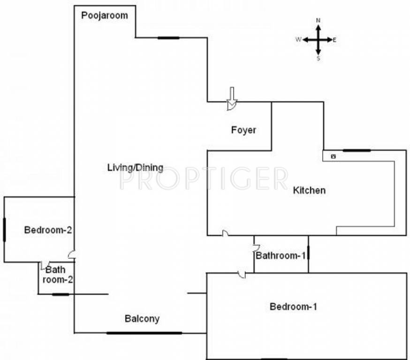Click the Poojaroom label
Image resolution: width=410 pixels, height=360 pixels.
pyautogui.click(x=105, y=15)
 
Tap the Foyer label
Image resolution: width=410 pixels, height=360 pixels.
pyautogui.click(x=243, y=130)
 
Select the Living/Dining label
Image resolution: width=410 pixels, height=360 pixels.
pyautogui.click(x=135, y=167)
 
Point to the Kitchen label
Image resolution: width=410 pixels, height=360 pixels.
pyautogui.click(x=309, y=190)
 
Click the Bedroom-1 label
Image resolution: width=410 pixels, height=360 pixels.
pyautogui.click(x=294, y=307)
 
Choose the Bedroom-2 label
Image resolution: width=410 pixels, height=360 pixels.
pyautogui.click(x=48, y=230)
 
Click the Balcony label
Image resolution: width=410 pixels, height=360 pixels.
pyautogui.click(x=142, y=319)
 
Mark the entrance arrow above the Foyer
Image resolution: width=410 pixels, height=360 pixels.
pyautogui.click(x=232, y=97)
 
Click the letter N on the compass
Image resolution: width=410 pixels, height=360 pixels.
pyautogui.click(x=318, y=21)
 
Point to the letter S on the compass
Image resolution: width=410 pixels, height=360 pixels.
pyautogui.click(x=318, y=59)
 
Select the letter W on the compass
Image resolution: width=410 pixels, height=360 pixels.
pyautogui.click(x=298, y=40)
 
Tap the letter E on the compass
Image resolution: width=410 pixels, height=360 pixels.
pyautogui.click(x=334, y=40)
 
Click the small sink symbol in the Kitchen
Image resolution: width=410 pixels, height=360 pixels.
pyautogui.click(x=333, y=156)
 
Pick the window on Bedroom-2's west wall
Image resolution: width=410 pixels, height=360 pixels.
pyautogui.click(x=4, y=230)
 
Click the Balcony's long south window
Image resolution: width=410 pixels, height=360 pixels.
pyautogui.click(x=144, y=333)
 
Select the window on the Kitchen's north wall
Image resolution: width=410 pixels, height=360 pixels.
pyautogui.click(x=357, y=150)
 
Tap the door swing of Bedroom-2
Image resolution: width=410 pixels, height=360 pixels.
pyautogui.click(x=71, y=255)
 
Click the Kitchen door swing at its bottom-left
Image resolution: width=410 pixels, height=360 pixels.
pyautogui.click(x=225, y=233)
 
